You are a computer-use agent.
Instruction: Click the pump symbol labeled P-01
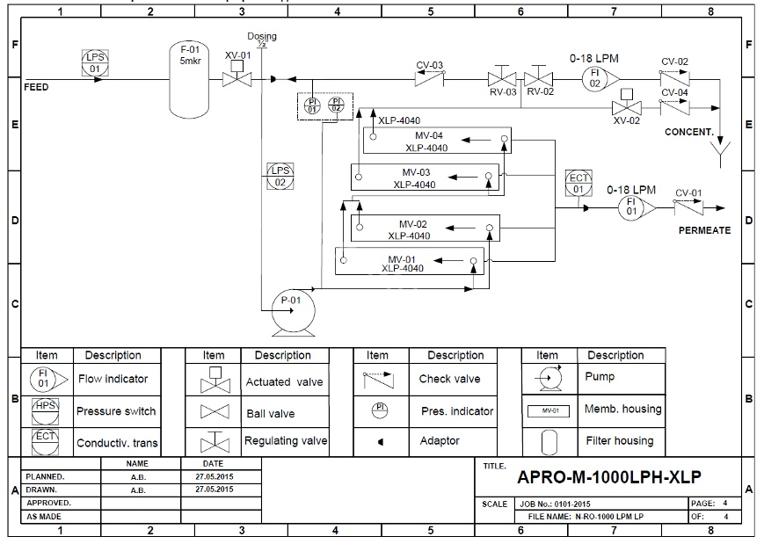coord(291,302)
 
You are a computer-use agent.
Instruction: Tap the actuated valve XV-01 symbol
coord(235,78)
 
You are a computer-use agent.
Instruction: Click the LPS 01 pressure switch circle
coord(95,62)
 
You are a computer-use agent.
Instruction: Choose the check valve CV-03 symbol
coord(429,78)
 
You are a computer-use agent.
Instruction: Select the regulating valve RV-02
coord(536,78)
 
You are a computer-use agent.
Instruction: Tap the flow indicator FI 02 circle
coord(595,78)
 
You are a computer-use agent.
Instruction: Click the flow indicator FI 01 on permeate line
coord(630,207)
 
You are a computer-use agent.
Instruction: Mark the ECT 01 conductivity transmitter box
coord(578,183)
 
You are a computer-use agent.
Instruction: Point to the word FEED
coord(36,88)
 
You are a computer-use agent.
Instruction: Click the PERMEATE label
coord(703,230)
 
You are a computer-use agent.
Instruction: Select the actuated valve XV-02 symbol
coord(626,106)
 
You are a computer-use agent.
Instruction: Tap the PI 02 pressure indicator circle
coord(336,105)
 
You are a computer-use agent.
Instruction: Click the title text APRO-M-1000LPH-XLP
coord(608,477)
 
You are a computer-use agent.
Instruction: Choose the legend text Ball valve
coord(270,413)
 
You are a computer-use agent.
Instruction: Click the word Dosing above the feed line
coord(261,36)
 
